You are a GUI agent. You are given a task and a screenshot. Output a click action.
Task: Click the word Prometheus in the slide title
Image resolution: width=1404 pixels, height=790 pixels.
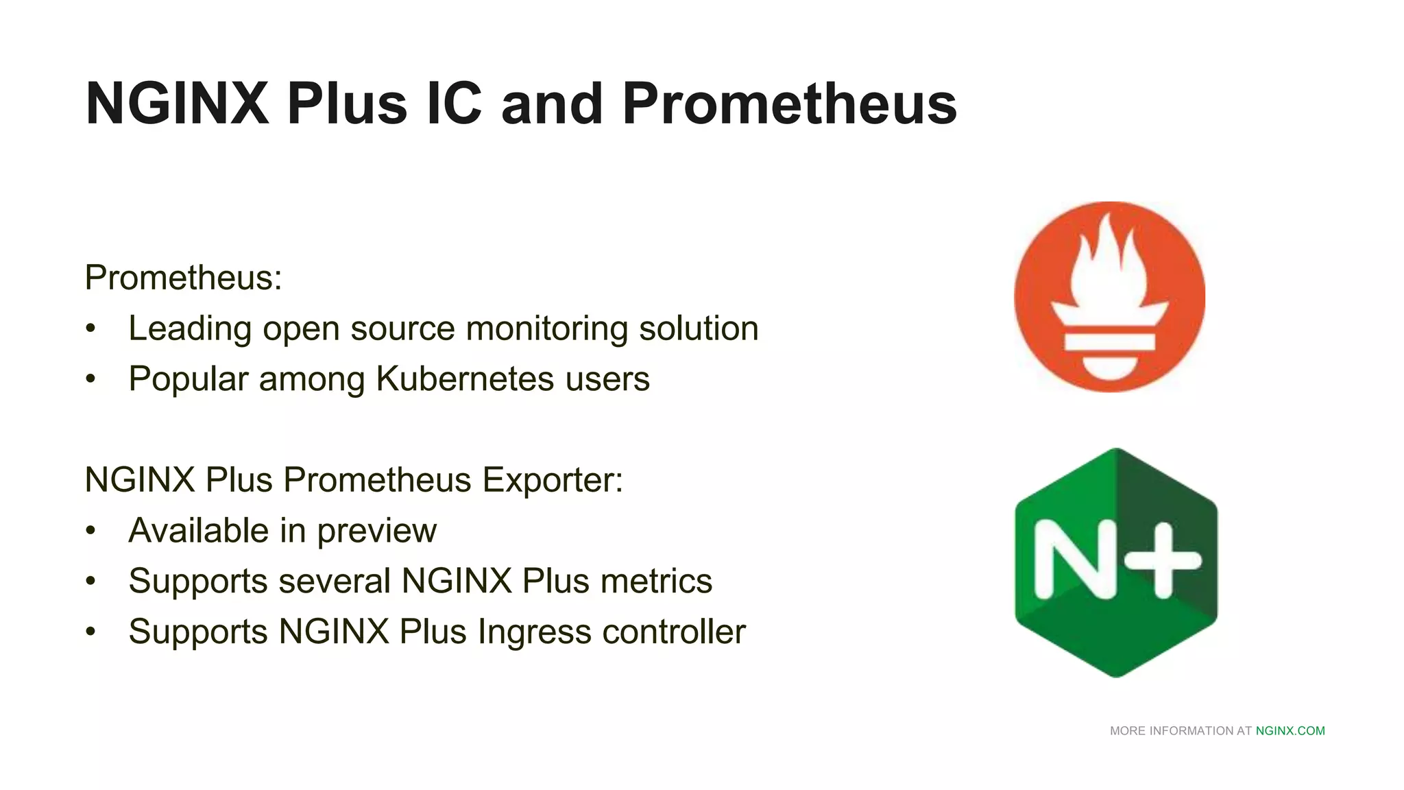click(789, 104)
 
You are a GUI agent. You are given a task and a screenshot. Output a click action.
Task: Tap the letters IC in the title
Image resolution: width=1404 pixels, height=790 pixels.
click(454, 104)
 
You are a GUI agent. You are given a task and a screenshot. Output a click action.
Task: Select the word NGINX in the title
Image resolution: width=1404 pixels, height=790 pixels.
click(178, 104)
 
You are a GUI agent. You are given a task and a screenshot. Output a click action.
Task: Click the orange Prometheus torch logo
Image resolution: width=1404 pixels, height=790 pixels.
click(1109, 297)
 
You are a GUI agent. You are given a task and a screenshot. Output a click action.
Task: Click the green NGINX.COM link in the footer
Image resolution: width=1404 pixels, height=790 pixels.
click(1290, 731)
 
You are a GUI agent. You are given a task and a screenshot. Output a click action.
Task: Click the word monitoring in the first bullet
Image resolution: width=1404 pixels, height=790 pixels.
click(546, 328)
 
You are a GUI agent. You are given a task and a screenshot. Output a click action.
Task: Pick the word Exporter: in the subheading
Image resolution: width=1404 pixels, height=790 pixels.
click(553, 480)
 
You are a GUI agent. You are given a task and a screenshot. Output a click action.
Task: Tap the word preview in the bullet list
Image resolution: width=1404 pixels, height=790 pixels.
click(376, 531)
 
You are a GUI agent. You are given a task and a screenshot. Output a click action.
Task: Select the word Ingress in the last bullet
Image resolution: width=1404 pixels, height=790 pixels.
click(535, 632)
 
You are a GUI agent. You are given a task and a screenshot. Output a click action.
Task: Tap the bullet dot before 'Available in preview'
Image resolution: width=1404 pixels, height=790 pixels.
click(91, 531)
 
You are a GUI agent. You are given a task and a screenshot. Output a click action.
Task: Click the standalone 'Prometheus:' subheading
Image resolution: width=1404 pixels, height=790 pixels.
click(183, 278)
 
